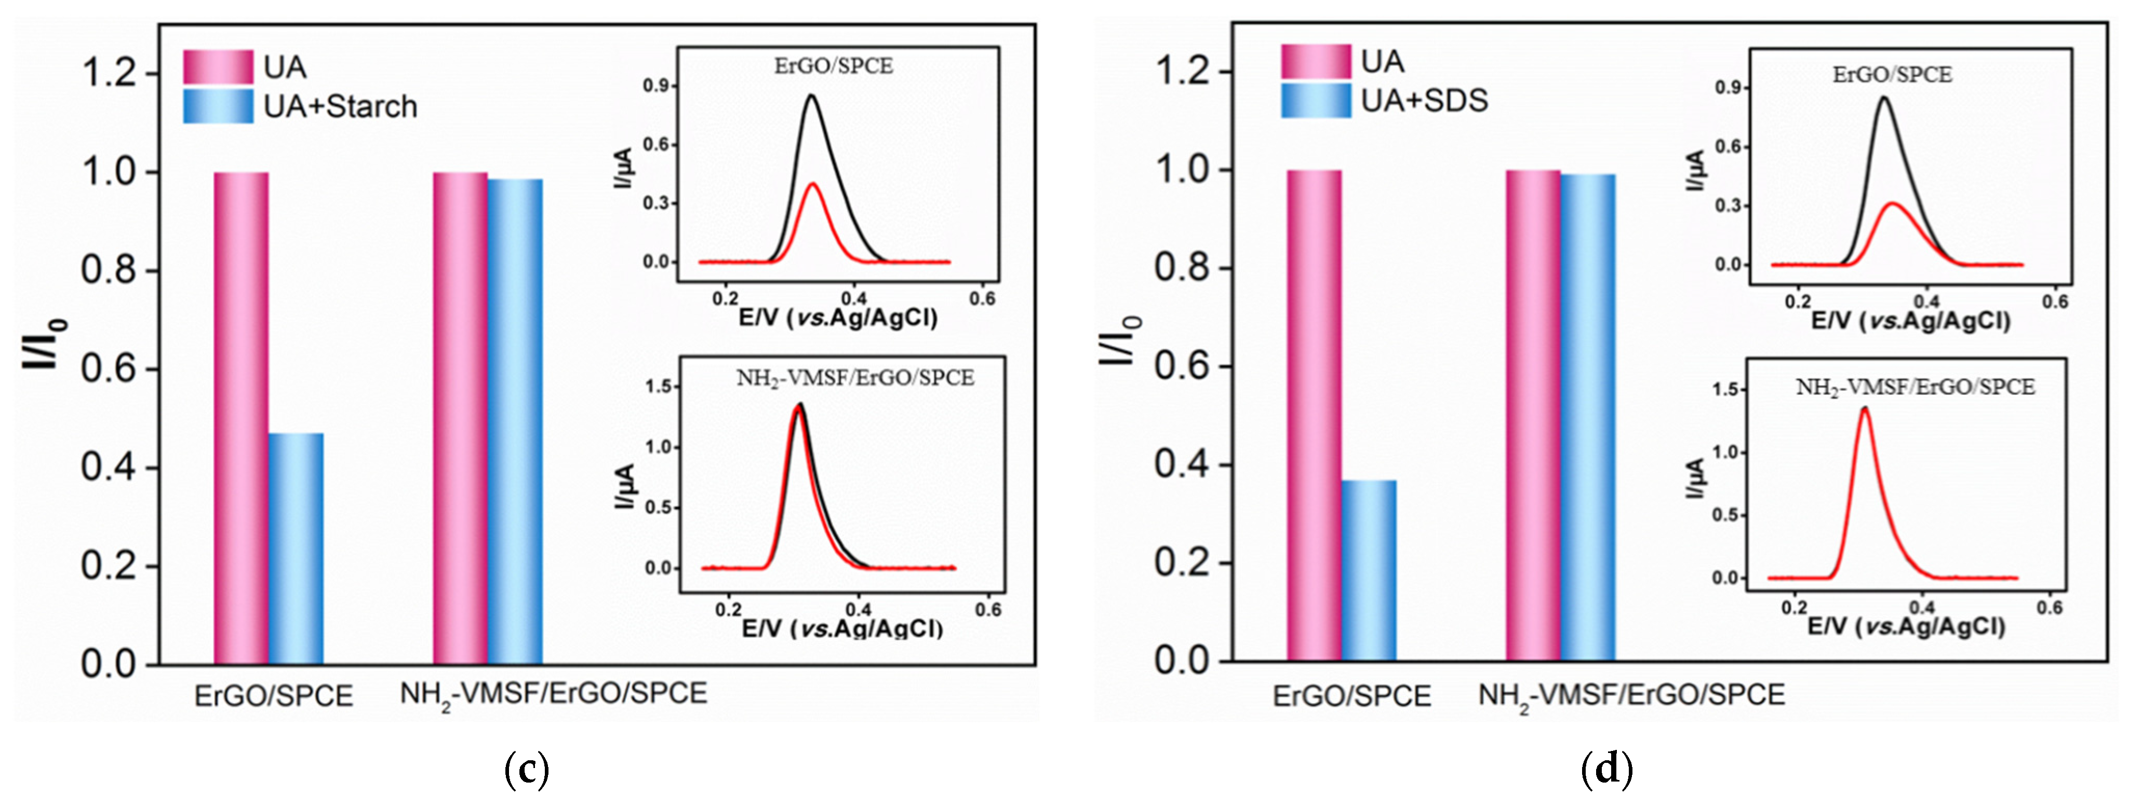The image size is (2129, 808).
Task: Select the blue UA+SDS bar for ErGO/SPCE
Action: click(1369, 570)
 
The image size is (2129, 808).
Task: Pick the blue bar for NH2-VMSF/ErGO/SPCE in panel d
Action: click(1588, 417)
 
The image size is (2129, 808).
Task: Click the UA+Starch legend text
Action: click(340, 106)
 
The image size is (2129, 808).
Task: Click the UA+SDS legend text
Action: click(1424, 101)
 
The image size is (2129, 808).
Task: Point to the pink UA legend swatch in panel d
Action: click(1316, 62)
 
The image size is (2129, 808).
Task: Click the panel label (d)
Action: click(1606, 770)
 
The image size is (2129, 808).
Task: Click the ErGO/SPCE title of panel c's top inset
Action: click(833, 66)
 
